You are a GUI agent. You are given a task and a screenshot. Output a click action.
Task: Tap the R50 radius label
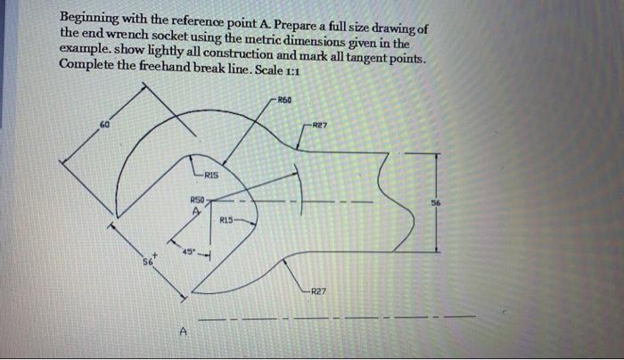click(x=198, y=201)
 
